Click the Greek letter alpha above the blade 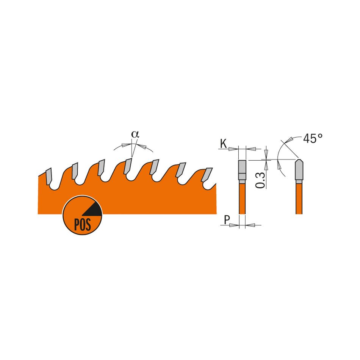[135, 134]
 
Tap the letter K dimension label [223, 144]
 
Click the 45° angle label [313, 138]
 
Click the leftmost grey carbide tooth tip [49, 176]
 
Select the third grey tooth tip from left [101, 167]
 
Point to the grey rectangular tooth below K [242, 170]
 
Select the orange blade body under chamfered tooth [299, 199]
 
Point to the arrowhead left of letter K [234, 149]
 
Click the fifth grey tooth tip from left [154, 167]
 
